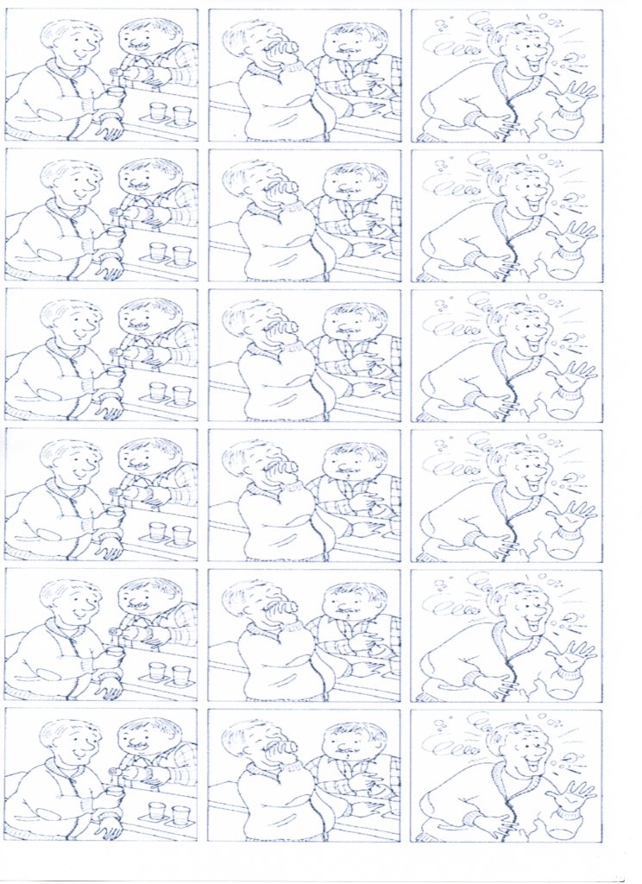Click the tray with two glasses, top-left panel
click(x=169, y=114)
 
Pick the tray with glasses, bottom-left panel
click(x=169, y=813)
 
